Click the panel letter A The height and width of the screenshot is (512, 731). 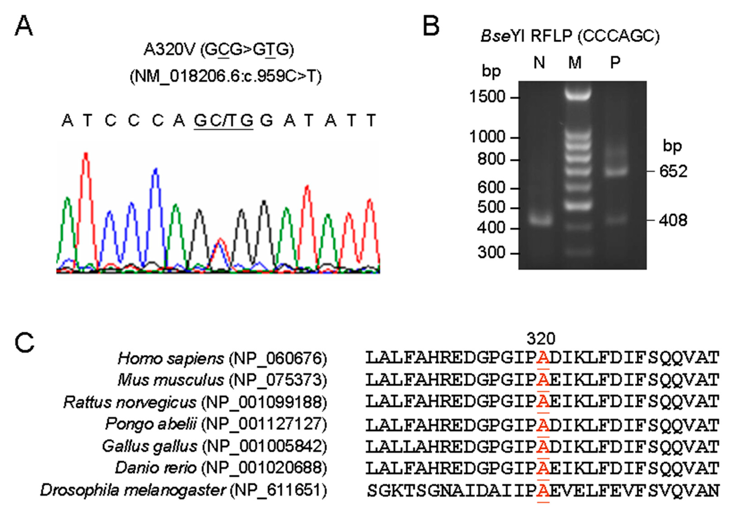pyautogui.click(x=24, y=26)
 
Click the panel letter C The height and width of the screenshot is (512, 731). pyautogui.click(x=24, y=343)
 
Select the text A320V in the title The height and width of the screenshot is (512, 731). pyautogui.click(x=169, y=49)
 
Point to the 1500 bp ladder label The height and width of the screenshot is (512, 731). pyautogui.click(x=487, y=97)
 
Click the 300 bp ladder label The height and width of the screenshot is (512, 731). pyautogui.click(x=491, y=253)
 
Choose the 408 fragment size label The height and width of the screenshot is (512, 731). pyautogui.click(x=673, y=220)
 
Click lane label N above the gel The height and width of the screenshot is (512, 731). pyautogui.click(x=539, y=62)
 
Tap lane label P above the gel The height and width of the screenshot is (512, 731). pyautogui.click(x=615, y=62)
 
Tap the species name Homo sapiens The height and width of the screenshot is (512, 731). pyautogui.click(x=171, y=359)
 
